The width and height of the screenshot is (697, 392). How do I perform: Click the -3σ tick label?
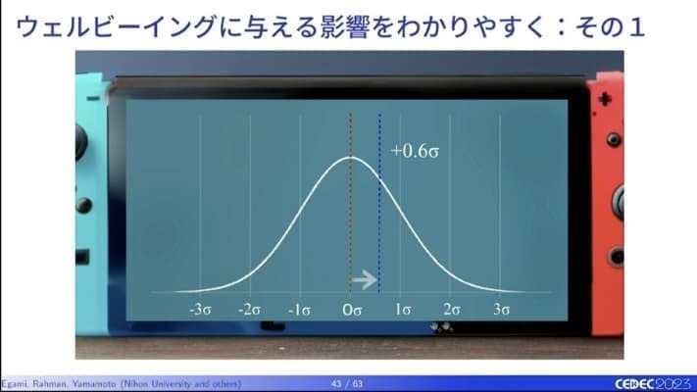(201, 310)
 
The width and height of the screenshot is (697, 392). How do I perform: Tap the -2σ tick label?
(249, 310)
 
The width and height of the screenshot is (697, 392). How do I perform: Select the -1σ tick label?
(300, 310)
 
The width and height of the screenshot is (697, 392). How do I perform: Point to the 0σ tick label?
(352, 310)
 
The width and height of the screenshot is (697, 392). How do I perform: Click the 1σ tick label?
(403, 310)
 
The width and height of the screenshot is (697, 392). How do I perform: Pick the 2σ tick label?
(452, 310)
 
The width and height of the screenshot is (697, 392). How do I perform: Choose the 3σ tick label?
(501, 310)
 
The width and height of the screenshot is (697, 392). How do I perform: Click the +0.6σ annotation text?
(415, 151)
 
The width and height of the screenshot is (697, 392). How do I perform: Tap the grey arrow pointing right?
(365, 280)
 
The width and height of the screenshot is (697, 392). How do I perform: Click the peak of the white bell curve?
(351, 157)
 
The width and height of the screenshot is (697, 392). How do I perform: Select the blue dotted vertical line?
(379, 203)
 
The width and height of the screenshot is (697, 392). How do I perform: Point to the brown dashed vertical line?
(350, 203)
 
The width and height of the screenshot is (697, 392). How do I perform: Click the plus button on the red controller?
(605, 99)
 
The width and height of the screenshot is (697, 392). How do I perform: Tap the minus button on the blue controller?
(93, 98)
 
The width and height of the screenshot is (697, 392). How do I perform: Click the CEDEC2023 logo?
(654, 383)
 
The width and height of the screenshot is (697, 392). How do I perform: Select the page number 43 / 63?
(347, 383)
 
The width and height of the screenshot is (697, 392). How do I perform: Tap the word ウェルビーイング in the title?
(117, 26)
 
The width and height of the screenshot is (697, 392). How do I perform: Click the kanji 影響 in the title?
(344, 26)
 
